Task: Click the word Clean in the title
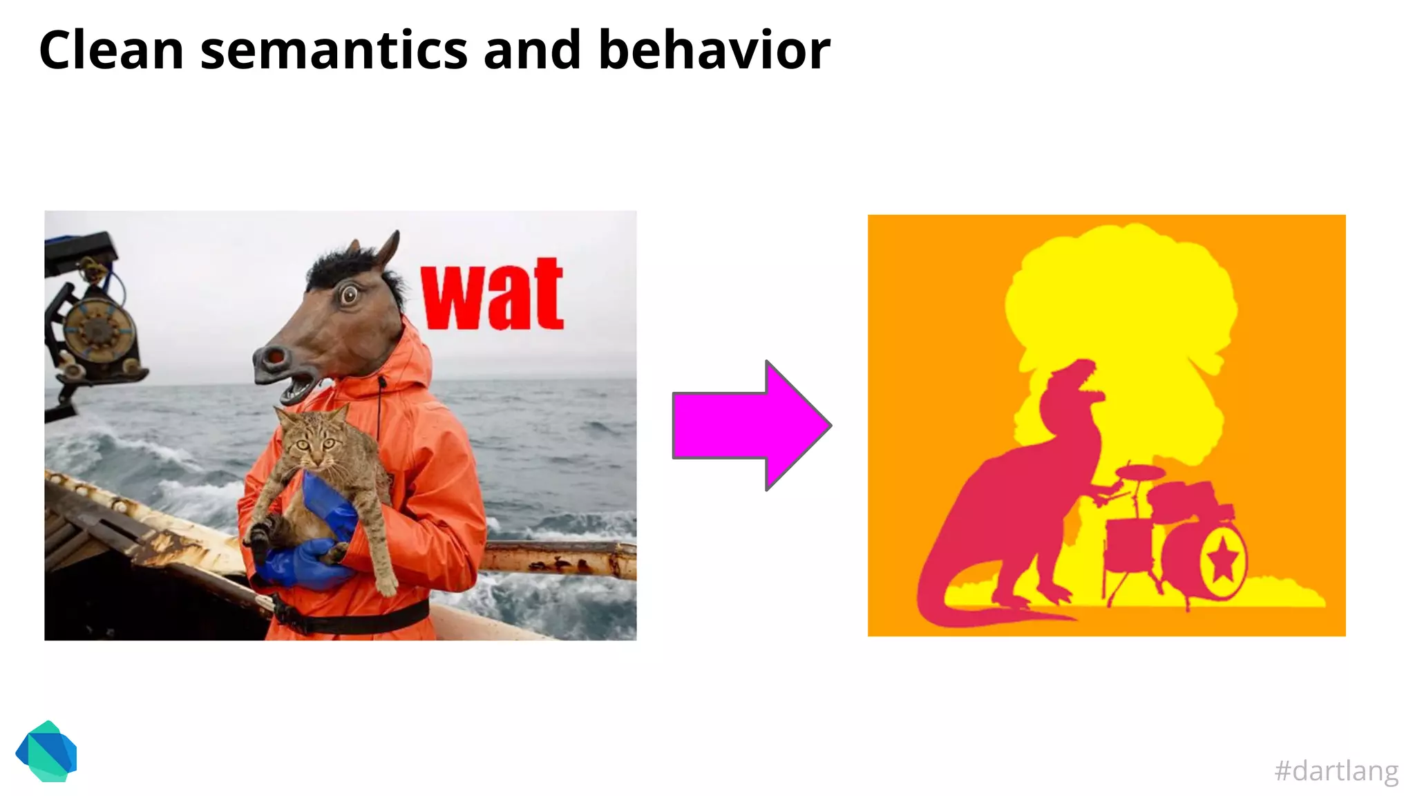coord(111,50)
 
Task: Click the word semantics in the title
coord(334,50)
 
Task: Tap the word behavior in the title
coord(714,50)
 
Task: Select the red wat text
coord(492,296)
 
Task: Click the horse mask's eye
coord(350,296)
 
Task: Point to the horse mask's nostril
coord(275,357)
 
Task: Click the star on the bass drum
coord(1223,559)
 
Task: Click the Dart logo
coord(46,752)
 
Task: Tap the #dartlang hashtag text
coord(1336,770)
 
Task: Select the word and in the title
coord(532,50)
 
